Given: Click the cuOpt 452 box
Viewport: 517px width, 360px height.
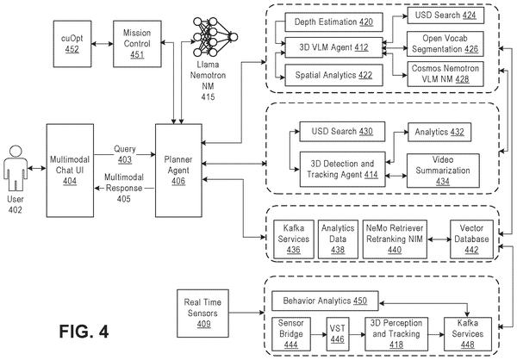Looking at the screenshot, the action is [x=72, y=44].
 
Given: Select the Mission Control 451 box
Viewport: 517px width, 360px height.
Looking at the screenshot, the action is [x=137, y=44].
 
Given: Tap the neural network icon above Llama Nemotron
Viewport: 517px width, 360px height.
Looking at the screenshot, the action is [x=215, y=37].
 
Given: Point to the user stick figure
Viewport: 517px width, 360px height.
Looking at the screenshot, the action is [x=16, y=168].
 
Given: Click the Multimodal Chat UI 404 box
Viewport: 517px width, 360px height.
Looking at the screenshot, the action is [x=70, y=171].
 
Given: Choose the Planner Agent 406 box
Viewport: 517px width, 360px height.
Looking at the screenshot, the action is [x=178, y=171].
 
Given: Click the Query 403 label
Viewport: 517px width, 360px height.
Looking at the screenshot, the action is [x=125, y=154].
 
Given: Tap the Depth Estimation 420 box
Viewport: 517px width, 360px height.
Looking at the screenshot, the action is [x=333, y=22].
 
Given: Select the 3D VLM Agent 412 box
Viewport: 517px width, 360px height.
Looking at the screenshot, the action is [x=333, y=47].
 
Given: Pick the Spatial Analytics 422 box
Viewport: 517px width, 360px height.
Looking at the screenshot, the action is [x=333, y=75].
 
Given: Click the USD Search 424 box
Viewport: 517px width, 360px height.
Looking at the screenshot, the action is [x=445, y=16].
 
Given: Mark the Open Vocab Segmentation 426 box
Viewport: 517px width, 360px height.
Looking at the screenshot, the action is [x=445, y=44].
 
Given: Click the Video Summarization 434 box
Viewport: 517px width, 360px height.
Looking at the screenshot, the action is [x=443, y=171].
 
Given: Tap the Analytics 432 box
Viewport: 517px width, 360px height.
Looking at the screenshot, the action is [x=439, y=132].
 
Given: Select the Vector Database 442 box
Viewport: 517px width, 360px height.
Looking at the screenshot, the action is [x=471, y=239].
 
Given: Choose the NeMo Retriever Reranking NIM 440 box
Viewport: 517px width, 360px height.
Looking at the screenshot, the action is [x=395, y=239].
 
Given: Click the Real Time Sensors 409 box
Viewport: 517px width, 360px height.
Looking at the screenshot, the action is [x=202, y=313].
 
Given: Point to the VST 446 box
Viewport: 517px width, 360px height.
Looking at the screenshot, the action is [x=337, y=334].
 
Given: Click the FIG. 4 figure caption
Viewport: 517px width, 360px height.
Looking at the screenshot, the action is [x=84, y=332].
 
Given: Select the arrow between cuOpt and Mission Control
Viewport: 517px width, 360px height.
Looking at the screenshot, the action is [x=103, y=44].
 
